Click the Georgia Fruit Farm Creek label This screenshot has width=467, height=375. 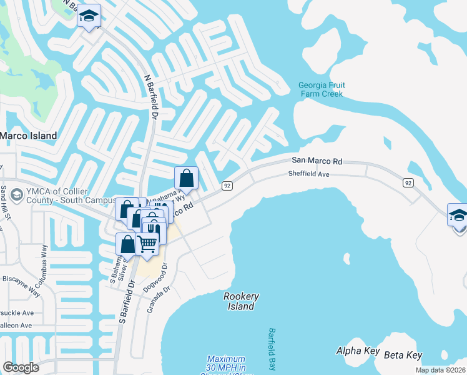click(322, 89)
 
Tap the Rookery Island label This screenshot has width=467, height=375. click(241, 301)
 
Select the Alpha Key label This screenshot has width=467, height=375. click(357, 351)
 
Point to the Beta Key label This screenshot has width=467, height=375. click(403, 355)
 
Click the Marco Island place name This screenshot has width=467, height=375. click(28, 135)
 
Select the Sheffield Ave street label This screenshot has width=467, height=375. click(308, 174)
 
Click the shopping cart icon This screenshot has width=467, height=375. click(147, 243)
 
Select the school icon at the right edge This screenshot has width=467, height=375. click(458, 216)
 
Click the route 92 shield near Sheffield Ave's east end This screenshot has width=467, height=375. click(408, 182)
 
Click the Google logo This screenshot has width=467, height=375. click(21, 367)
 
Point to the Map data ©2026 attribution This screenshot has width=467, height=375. click(440, 370)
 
